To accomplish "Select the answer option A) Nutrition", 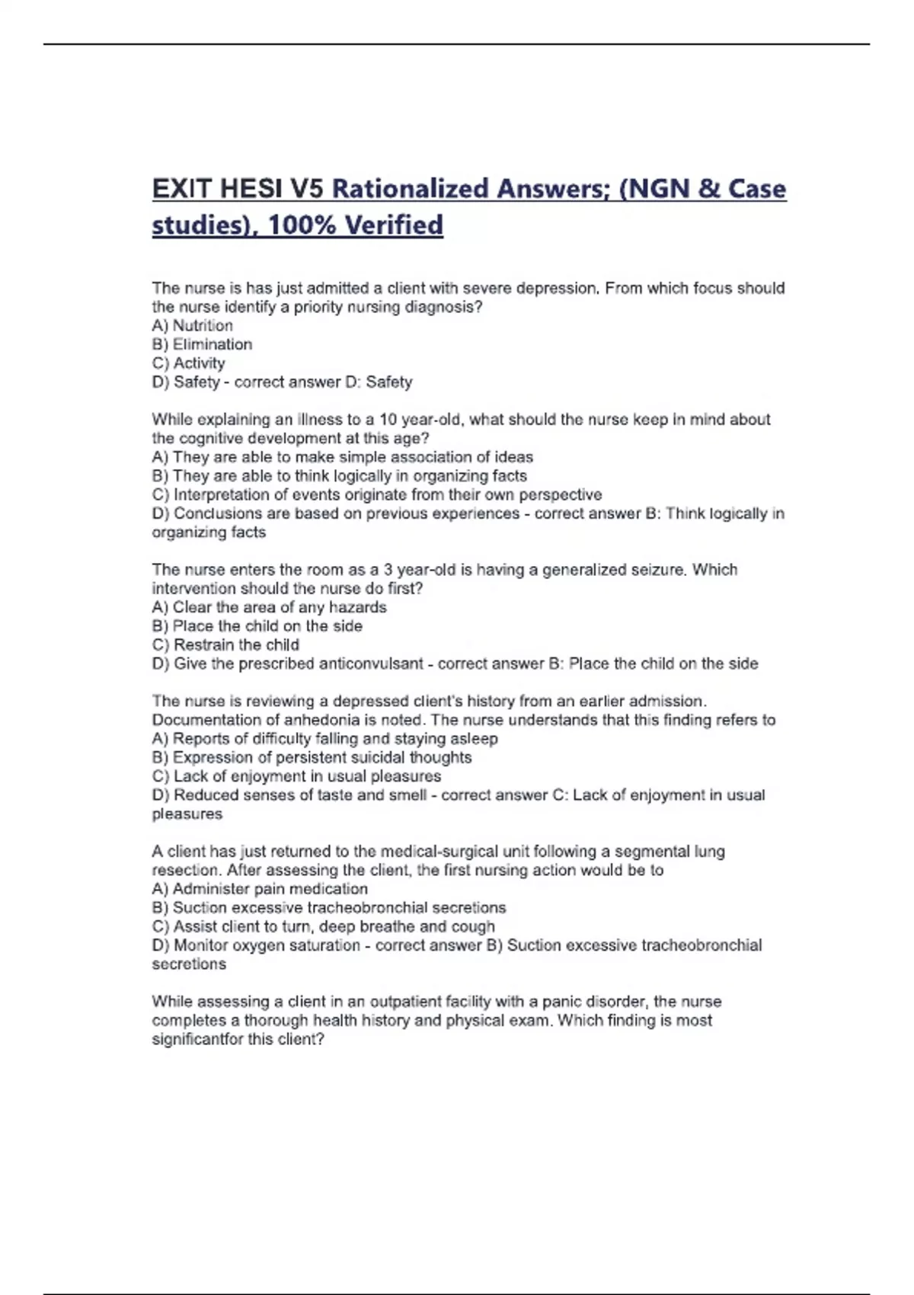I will pos(193,325).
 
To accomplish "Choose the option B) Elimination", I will pos(202,344).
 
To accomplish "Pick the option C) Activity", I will pos(189,363).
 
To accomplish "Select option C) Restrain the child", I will pos(225,644).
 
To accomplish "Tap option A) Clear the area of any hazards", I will pos(270,607).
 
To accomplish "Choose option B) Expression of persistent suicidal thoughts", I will pos(312,757).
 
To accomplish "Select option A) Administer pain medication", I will pos(260,889).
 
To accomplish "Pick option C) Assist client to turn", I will pos(324,926).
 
